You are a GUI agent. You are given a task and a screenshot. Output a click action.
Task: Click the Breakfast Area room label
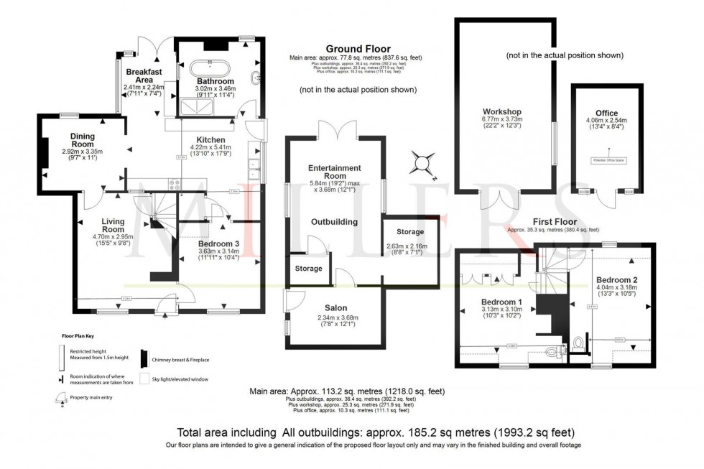pos(144,77)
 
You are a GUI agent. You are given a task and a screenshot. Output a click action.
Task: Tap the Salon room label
pos(335,308)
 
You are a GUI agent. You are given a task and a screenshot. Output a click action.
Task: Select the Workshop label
pos(501,112)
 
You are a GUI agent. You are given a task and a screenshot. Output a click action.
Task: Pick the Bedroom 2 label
pos(616,280)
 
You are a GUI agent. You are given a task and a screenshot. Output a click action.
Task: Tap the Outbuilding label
pos(334,222)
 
